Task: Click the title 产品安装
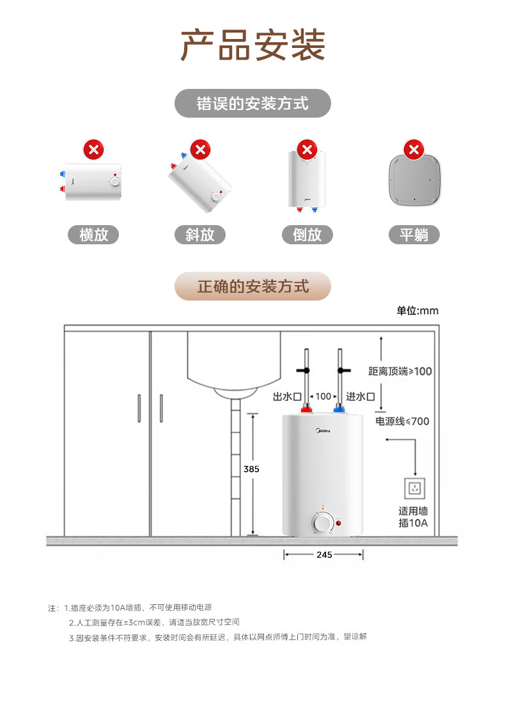[252, 45]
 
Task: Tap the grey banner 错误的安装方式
[252, 103]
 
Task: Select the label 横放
[93, 235]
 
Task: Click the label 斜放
[200, 235]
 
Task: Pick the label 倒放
[307, 235]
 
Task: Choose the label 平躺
[414, 235]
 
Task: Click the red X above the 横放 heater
[93, 150]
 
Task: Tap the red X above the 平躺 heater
[414, 150]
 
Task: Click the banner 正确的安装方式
[252, 286]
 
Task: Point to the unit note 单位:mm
[417, 311]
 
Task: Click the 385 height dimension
[251, 469]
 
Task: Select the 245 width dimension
[324, 554]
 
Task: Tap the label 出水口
[287, 396]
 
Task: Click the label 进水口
[360, 396]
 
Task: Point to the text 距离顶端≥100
[400, 372]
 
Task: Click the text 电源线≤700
[402, 421]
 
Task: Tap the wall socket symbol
[414, 488]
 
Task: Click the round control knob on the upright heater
[322, 523]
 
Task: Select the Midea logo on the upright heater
[323, 431]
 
